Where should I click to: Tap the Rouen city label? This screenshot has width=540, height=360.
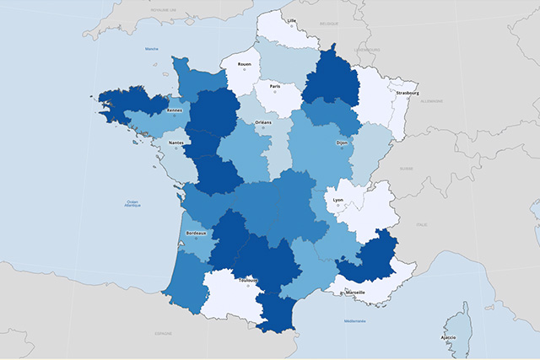coord(244,64)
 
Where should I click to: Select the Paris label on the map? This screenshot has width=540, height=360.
coord(274,86)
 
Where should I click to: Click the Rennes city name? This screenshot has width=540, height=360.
coord(175,110)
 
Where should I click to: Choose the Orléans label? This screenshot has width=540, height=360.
coord(263,122)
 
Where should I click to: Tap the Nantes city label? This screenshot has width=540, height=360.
coord(176,142)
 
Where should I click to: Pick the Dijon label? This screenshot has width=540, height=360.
coord(341,142)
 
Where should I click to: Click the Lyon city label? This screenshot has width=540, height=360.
coord(338,200)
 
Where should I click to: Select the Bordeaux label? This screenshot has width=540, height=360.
coord(196,233)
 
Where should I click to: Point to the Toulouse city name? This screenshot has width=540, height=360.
coord(248,280)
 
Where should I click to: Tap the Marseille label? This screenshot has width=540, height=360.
coord(355,292)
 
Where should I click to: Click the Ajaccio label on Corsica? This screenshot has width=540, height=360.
coord(448,338)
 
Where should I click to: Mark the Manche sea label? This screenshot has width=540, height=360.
coord(152,49)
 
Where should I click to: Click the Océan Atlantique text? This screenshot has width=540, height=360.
coord(132,204)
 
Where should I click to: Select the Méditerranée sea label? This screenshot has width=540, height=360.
coord(355,320)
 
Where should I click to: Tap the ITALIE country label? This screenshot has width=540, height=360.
coord(421,224)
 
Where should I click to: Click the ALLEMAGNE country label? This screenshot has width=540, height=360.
coord(431,101)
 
